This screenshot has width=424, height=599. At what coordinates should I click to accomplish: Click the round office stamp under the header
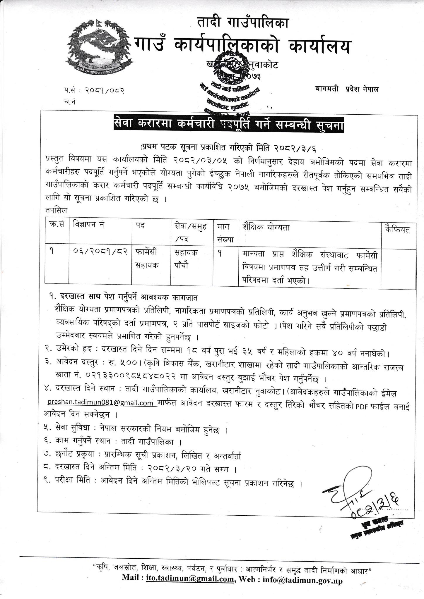pos(231,83)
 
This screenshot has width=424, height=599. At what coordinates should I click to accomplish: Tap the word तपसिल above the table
pos(56,210)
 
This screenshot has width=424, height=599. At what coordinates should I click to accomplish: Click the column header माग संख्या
pos(225,233)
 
